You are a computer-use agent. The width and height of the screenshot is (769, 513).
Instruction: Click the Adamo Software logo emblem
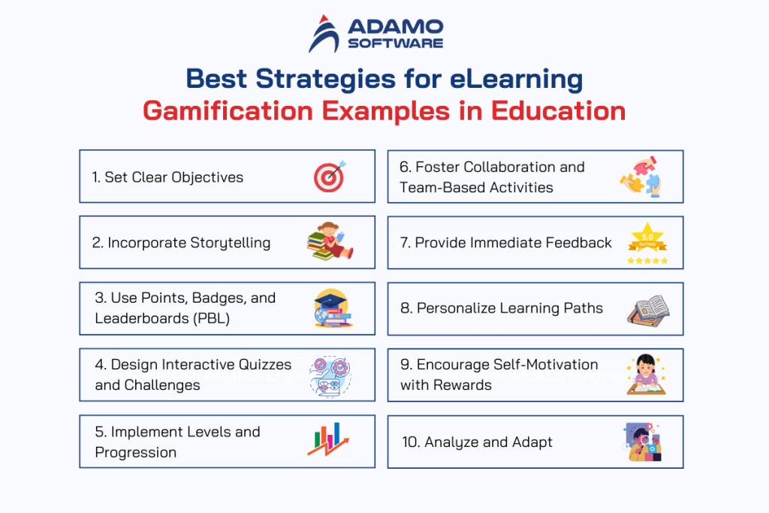point(324,34)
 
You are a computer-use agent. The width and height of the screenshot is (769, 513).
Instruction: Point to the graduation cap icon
point(331,307)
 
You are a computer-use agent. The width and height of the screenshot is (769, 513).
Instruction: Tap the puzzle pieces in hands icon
point(641,176)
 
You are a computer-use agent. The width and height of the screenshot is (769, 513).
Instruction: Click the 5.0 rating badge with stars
point(647,243)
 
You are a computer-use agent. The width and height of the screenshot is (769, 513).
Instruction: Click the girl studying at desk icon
point(644,374)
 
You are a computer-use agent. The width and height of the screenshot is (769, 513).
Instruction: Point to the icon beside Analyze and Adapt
point(643,442)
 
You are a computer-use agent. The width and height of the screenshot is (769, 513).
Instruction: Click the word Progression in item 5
point(136,452)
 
